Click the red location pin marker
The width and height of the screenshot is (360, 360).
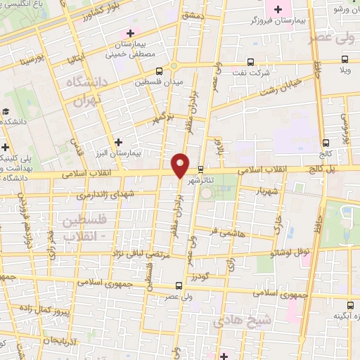pos(180,165)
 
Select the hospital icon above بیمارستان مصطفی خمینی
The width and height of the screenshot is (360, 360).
pos(130,32)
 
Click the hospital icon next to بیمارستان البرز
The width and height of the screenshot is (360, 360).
pos(119,142)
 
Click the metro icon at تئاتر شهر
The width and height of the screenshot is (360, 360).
pos(201,169)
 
